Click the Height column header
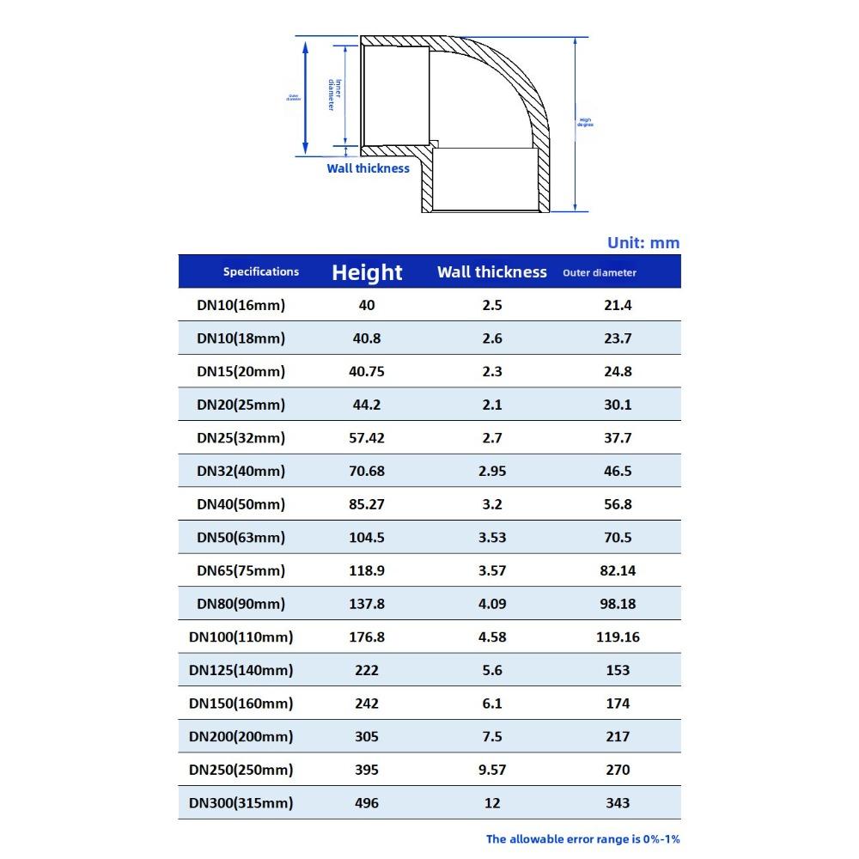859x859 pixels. [x=367, y=272]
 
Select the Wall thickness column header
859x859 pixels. [x=491, y=272]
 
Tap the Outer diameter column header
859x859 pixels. [x=600, y=273]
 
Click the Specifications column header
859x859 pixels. [x=261, y=271]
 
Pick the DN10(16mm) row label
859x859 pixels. [x=241, y=305]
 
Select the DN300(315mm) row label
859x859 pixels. [x=241, y=803]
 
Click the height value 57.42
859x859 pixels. [x=367, y=438]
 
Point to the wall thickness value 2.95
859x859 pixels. [x=491, y=471]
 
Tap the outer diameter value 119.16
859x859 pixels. [x=618, y=637]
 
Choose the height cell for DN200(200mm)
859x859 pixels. [x=367, y=737]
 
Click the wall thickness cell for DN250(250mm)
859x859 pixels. [x=491, y=770]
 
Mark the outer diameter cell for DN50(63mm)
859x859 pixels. [x=618, y=538]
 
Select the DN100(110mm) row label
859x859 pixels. [x=241, y=637]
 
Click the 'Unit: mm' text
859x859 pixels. [x=643, y=243]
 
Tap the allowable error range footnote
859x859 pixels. [x=582, y=839]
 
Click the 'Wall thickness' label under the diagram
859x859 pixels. [x=368, y=168]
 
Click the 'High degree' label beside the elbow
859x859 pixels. [x=585, y=123]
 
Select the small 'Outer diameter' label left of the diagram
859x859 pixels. [x=294, y=98]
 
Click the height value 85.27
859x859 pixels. [x=367, y=504]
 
